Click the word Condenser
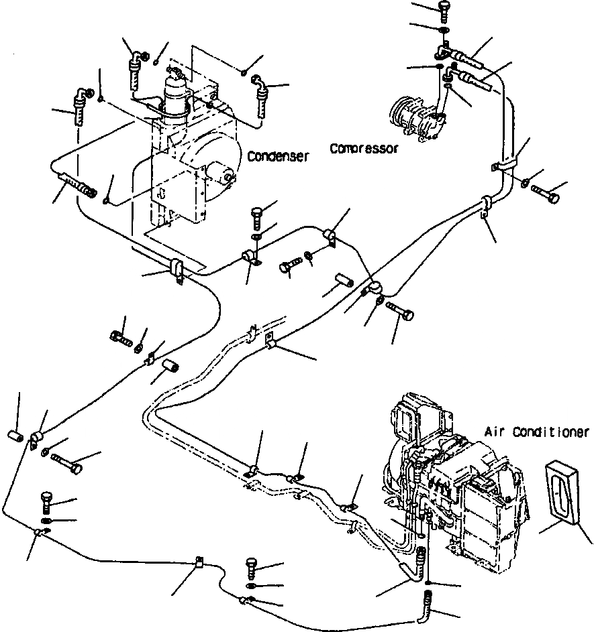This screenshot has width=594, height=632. pyautogui.click(x=278, y=156)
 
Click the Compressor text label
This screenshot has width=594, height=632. pyautogui.click(x=364, y=148)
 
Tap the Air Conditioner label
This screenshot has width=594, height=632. pyautogui.click(x=536, y=432)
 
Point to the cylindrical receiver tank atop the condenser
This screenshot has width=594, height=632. pyautogui.click(x=176, y=94)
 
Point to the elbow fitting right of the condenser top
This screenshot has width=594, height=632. pyautogui.click(x=260, y=90)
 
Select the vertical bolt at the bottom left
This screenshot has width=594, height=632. pyautogui.click(x=47, y=502)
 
